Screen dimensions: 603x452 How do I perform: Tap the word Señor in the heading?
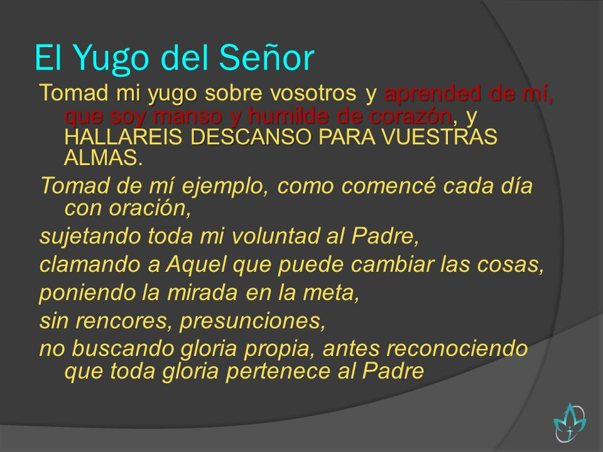[x=267, y=57]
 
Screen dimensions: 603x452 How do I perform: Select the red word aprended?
[x=432, y=93]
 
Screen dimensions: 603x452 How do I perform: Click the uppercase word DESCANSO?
[x=251, y=137]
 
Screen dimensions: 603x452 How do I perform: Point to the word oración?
[x=149, y=208]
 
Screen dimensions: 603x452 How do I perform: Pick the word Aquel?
[x=196, y=265]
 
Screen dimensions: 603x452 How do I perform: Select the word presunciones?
[x=253, y=321]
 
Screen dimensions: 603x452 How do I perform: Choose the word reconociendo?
[x=457, y=348]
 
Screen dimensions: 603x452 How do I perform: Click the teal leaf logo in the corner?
[x=570, y=422]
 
